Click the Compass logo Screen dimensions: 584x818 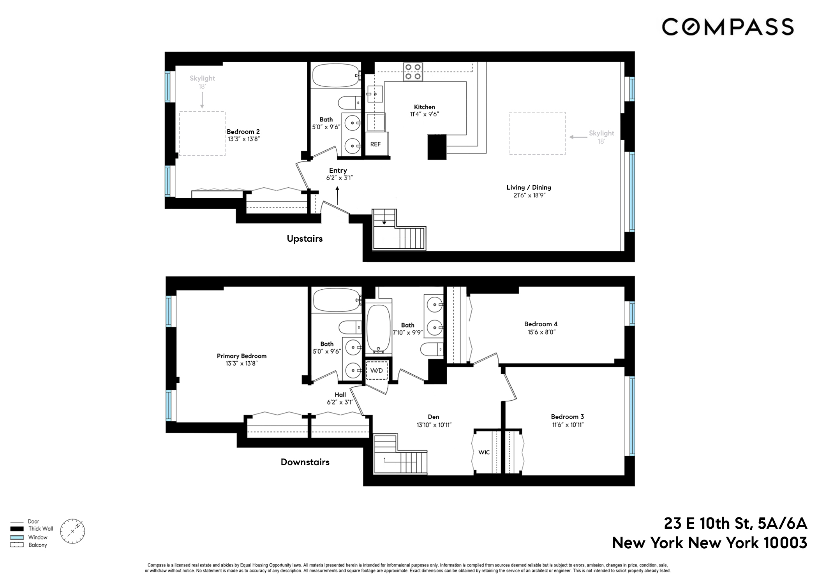click(x=727, y=27)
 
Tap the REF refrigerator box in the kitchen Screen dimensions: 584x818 click(x=376, y=144)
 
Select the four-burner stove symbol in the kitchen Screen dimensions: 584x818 click(x=413, y=72)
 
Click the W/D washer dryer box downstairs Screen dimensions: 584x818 click(x=376, y=370)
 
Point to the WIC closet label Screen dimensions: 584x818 click(x=484, y=452)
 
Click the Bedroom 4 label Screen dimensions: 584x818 click(x=541, y=324)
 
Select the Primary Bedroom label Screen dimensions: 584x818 click(x=242, y=356)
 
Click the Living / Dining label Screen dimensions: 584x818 click(x=529, y=187)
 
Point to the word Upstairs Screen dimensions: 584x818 click(x=305, y=239)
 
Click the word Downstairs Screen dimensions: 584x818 click(x=305, y=462)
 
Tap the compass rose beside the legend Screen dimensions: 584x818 click(x=72, y=531)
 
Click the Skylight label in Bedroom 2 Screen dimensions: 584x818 click(x=202, y=78)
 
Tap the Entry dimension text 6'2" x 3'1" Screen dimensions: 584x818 click(x=339, y=178)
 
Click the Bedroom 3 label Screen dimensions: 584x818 click(x=567, y=417)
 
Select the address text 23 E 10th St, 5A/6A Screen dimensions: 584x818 click(x=735, y=524)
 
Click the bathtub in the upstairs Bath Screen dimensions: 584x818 click(x=335, y=76)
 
